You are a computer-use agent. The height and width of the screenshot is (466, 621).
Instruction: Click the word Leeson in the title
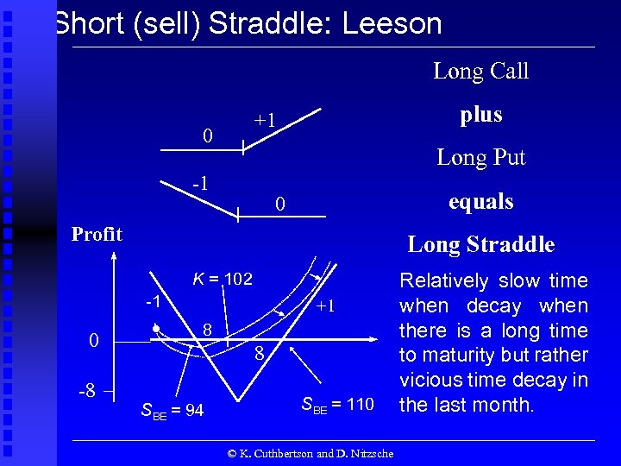click(x=392, y=23)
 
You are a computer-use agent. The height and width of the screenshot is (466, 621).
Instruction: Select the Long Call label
click(x=480, y=71)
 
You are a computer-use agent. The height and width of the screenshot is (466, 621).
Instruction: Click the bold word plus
click(x=480, y=115)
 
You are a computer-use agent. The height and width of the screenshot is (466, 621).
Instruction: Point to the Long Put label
click(x=480, y=157)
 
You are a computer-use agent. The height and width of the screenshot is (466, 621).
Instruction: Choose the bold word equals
click(x=480, y=202)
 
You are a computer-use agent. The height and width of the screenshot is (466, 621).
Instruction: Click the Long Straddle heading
click(x=480, y=244)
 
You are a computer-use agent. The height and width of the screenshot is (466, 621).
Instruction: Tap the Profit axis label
click(x=97, y=234)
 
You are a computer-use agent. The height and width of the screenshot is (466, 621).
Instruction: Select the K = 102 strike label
click(x=222, y=279)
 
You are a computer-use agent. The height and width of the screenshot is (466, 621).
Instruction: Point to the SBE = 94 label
click(x=172, y=411)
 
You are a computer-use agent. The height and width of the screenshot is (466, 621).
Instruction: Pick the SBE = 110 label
click(x=337, y=403)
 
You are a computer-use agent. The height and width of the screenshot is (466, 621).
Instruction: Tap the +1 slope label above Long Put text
click(x=264, y=120)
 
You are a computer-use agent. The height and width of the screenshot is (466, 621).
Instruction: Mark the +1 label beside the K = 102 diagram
click(x=325, y=306)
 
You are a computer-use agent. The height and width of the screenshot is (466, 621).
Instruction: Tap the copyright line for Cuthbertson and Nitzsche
click(x=310, y=453)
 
